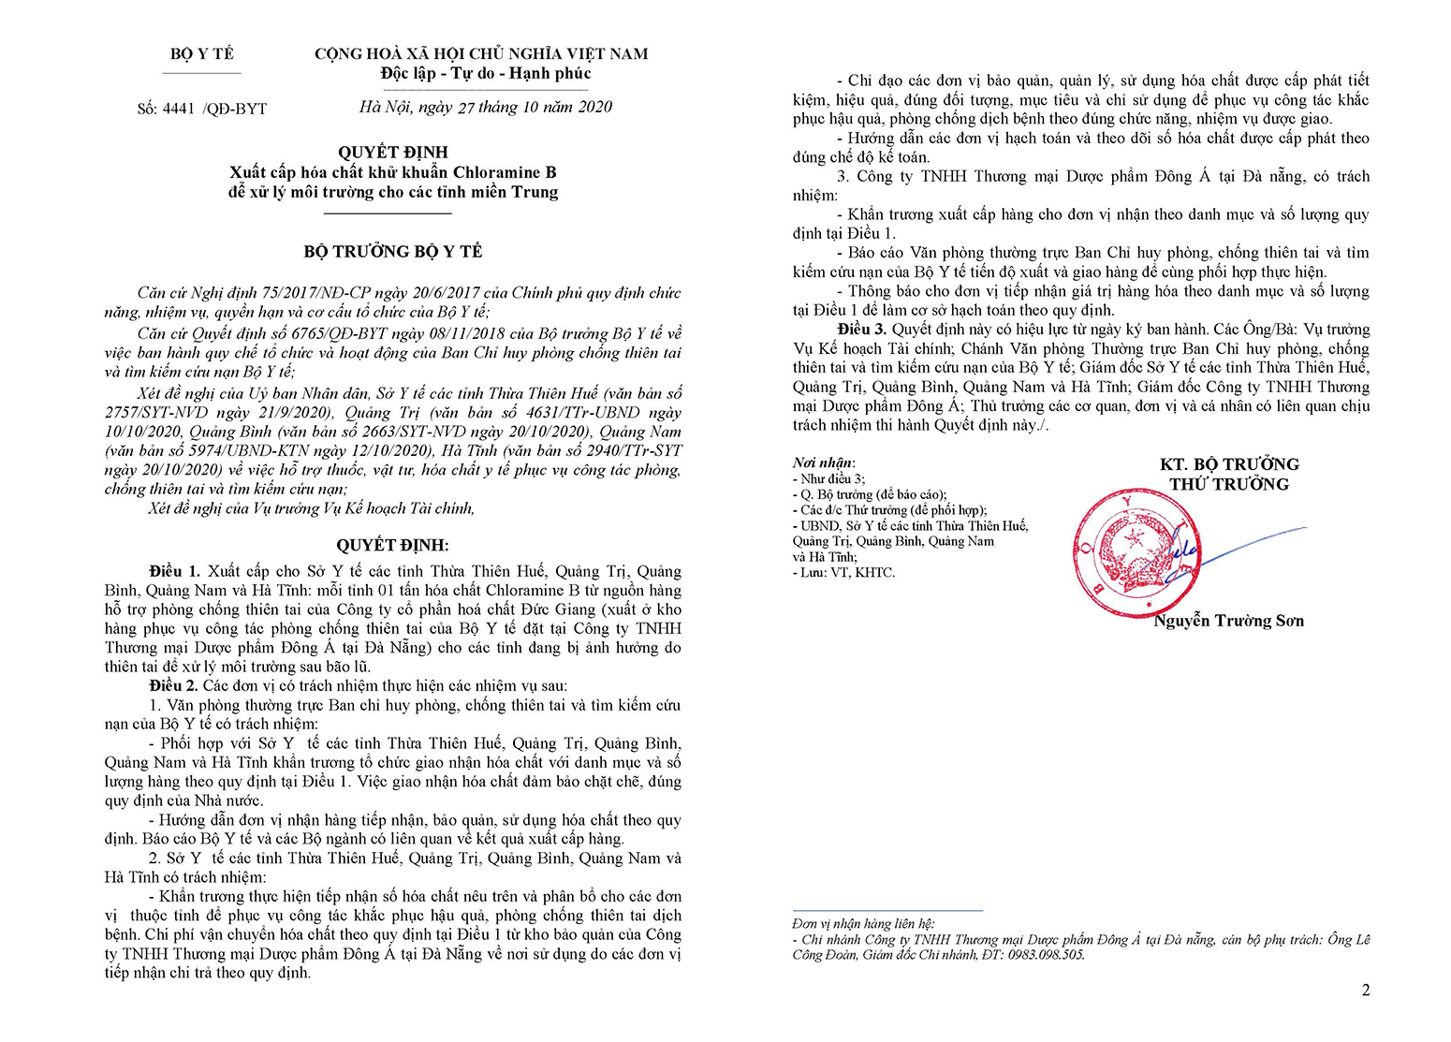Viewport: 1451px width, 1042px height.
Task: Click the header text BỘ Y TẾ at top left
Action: point(202,54)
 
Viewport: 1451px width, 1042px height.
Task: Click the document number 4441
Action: point(178,109)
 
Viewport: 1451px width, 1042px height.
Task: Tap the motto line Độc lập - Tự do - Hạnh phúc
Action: point(485,74)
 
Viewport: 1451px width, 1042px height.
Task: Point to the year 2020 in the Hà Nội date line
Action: point(594,107)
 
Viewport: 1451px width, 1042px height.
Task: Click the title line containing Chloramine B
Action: point(393,172)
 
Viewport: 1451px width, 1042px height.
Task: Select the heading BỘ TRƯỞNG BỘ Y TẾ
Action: point(393,251)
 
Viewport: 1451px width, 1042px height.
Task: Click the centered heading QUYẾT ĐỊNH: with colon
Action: point(392,546)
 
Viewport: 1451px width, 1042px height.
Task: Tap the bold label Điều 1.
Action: point(174,571)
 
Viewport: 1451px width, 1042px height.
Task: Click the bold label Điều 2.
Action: point(174,685)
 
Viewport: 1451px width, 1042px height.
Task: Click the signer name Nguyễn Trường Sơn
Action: point(1228,621)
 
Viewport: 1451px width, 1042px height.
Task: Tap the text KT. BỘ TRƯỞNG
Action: point(1229,464)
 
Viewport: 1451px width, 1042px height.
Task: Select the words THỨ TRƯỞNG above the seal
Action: point(1229,484)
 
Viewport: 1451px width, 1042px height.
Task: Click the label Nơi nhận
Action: point(823,462)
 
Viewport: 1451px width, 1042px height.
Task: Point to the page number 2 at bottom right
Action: point(1366,991)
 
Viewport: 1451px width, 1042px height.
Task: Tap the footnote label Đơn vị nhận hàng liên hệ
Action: point(862,924)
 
